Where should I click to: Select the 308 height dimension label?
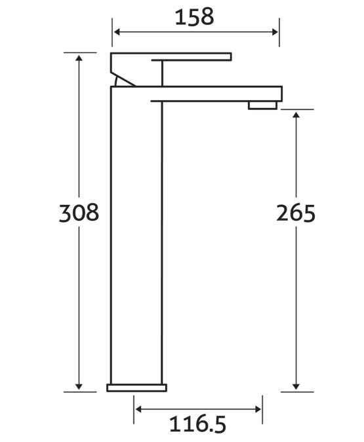pyautogui.click(x=79, y=213)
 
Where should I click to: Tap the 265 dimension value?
pyautogui.click(x=296, y=213)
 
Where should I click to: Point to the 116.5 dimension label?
pyautogui.click(x=198, y=424)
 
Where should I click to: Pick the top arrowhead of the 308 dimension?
pyautogui.click(x=79, y=58)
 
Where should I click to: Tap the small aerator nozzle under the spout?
pyautogui.click(x=263, y=105)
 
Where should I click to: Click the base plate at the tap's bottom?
pyautogui.click(x=136, y=388)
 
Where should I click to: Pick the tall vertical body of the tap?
pyautogui.click(x=136, y=236)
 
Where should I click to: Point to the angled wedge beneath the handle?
pyautogui.click(x=123, y=80)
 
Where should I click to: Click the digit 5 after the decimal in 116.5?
pyautogui.click(x=219, y=424)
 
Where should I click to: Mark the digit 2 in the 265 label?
pyautogui.click(x=283, y=213)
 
